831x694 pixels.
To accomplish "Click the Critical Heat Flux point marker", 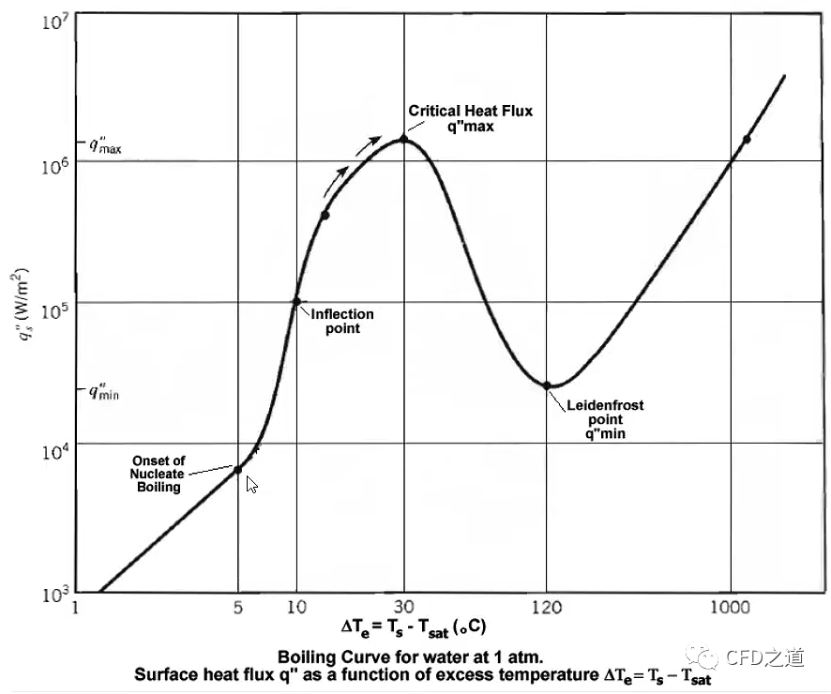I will pos(403,139).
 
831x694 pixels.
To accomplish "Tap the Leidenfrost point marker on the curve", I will pos(547,385).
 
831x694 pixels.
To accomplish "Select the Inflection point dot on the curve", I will pos(296,301).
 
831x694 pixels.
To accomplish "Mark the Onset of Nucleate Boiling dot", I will pos(238,469).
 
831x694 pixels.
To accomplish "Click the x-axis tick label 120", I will pos(547,607).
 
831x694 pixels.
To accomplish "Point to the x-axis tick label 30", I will pos(403,607).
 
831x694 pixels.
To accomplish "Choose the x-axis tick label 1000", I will pos(730,607).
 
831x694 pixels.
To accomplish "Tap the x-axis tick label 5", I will pos(238,607).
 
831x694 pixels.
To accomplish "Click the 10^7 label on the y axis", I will pos(52,21).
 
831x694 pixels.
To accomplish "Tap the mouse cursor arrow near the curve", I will pos(251,484).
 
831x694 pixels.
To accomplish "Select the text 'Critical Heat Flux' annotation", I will pos(470,111).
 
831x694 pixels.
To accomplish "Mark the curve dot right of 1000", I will pos(747,139).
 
